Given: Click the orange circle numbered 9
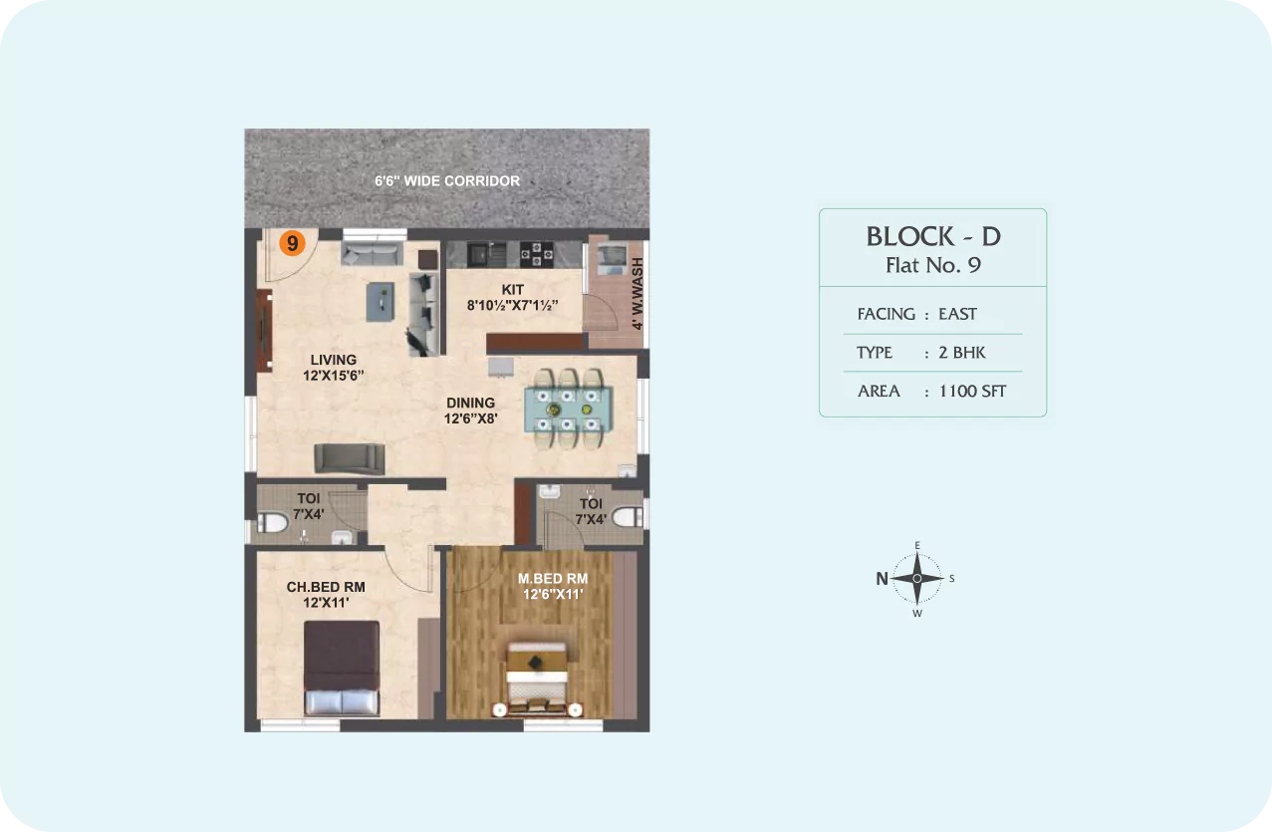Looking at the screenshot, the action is point(293,243).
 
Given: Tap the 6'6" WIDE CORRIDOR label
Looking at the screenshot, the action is point(447,181).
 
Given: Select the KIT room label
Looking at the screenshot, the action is point(513,290).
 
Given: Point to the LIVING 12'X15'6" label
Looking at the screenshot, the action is point(334,368).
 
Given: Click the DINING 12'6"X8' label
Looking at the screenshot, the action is point(471,411).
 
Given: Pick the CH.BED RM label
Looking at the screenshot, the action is point(326,587).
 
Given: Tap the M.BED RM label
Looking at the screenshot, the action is point(553,579).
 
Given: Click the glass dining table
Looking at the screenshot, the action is point(568,409).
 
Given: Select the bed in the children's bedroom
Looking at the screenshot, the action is point(342,668).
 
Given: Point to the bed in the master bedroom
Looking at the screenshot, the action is point(537,679).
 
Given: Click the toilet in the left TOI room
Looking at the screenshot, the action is point(274,522).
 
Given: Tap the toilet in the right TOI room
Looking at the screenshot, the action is point(627,517).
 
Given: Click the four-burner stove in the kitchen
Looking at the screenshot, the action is point(537,254).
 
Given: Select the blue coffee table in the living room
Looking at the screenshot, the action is point(381,302).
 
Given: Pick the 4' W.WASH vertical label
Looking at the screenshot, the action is point(637,294).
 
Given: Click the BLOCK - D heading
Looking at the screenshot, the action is point(933,236).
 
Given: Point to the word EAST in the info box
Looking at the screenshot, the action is point(957,314).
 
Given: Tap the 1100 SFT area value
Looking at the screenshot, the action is point(972,392).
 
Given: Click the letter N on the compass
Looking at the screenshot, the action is point(882,579).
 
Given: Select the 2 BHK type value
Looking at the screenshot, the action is point(962,353).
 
